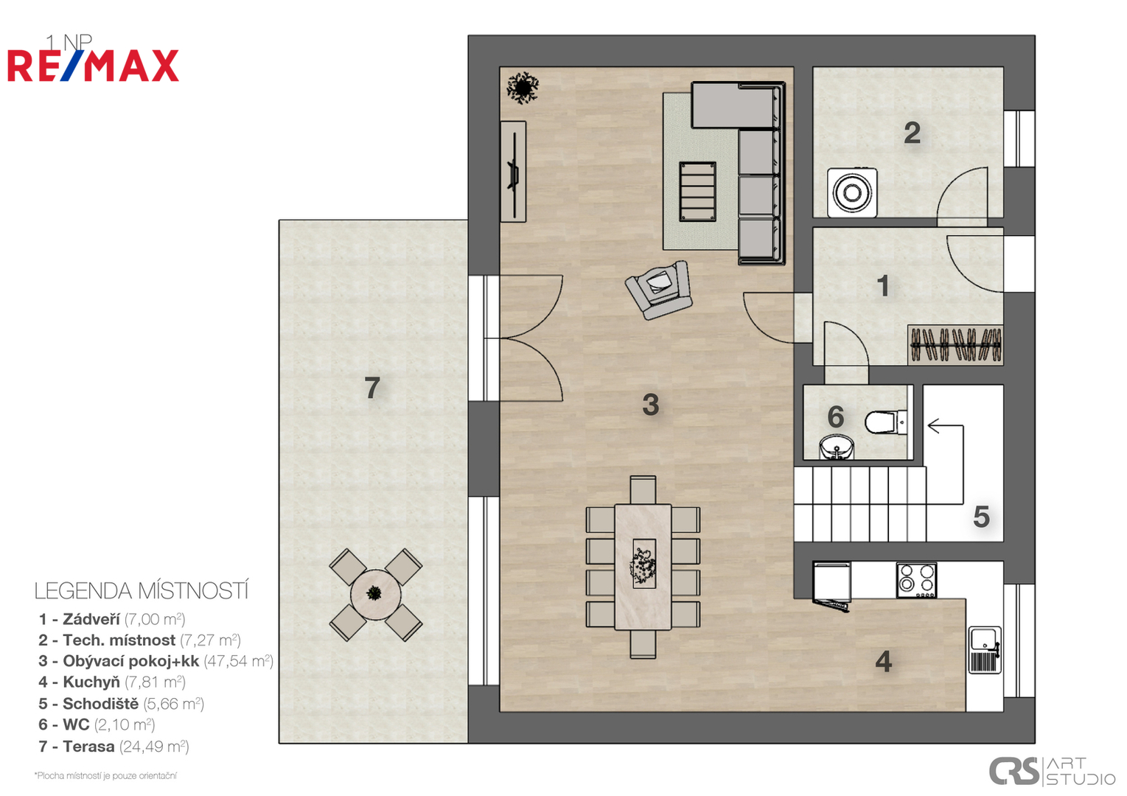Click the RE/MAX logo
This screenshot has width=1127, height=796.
click(93, 66)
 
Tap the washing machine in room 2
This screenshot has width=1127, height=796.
click(852, 192)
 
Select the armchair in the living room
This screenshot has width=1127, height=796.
click(659, 290)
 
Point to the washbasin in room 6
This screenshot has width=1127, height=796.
click(836, 447)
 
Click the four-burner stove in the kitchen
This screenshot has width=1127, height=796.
click(917, 580)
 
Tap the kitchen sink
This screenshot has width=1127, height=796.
click(985, 650)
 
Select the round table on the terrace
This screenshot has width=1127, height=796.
click(375, 594)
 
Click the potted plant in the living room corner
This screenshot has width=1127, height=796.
click(523, 88)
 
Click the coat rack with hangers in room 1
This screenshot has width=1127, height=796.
click(955, 345)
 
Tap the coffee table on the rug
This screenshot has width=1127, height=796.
click(697, 192)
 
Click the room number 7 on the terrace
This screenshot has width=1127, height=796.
click(371, 388)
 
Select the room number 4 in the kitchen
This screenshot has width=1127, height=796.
click(884, 661)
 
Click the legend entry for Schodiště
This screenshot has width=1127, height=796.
click(122, 703)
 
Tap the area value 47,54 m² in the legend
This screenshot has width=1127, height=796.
click(239, 660)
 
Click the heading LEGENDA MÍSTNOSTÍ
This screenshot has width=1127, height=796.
click(142, 591)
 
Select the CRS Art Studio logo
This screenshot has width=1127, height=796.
click(1052, 771)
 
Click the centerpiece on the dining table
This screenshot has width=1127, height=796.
click(643, 564)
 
